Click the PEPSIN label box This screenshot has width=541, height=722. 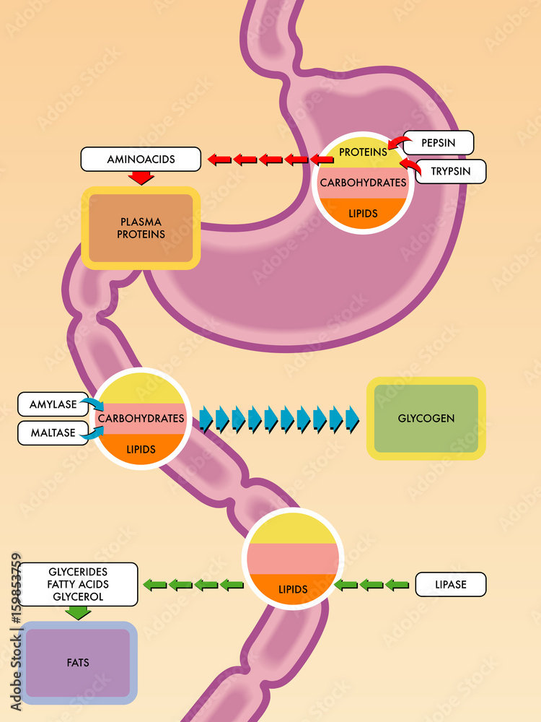click(438, 143)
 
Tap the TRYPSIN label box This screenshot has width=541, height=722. click(451, 172)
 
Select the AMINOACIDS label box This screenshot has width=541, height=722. click(141, 160)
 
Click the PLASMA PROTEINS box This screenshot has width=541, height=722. click(141, 228)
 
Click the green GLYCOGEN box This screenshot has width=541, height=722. click(426, 418)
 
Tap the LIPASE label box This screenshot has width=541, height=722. click(451, 584)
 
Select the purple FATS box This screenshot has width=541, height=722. click(78, 662)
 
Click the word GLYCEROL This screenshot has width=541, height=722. click(78, 596)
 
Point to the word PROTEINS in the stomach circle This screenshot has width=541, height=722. click(363, 152)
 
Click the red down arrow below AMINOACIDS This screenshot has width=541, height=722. click(141, 178)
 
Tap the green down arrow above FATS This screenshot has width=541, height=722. click(78, 613)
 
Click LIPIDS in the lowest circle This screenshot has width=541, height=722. click(293, 589)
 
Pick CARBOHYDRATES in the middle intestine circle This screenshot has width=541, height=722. click(141, 418)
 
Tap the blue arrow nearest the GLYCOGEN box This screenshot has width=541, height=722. click(352, 419)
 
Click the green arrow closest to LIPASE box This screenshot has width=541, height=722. click(397, 585)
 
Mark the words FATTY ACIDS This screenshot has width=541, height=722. click(78, 583)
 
